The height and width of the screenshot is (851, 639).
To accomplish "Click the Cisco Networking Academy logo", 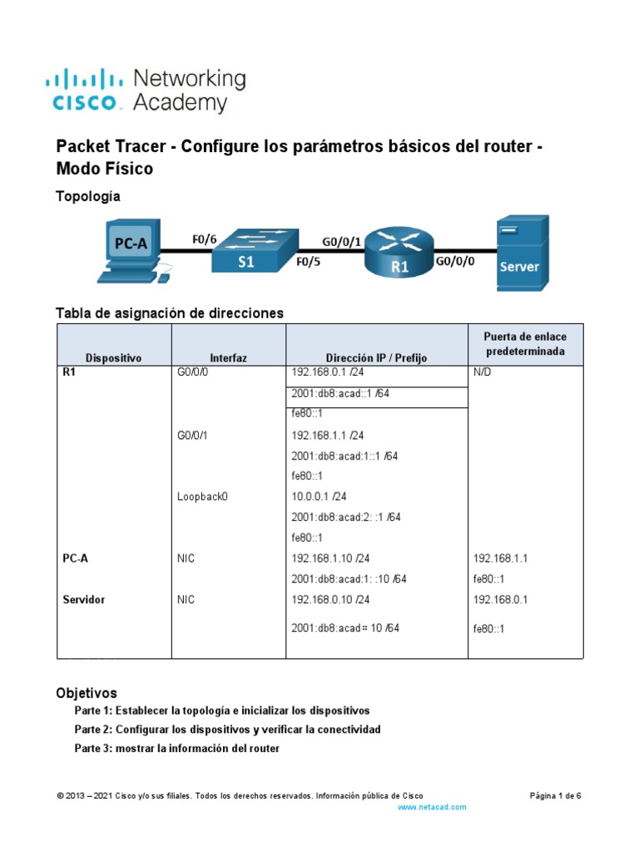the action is [146, 91].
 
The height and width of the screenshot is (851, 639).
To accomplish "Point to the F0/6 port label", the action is [204, 239].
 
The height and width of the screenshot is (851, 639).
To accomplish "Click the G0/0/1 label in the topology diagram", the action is [342, 242].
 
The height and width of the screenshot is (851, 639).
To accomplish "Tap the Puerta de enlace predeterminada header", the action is [525, 343].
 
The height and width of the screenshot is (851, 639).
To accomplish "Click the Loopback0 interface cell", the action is [202, 496].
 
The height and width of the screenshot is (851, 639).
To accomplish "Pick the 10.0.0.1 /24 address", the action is [320, 496].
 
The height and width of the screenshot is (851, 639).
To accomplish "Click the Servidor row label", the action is [84, 599].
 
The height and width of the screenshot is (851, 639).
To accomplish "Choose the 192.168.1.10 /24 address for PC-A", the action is [330, 558].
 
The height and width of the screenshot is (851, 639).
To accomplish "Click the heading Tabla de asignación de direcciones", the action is [170, 313].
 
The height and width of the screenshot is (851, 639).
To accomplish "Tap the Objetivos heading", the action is [87, 692].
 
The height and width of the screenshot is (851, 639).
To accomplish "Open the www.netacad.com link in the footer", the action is [432, 807].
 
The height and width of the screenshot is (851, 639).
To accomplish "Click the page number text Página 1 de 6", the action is [555, 795].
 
